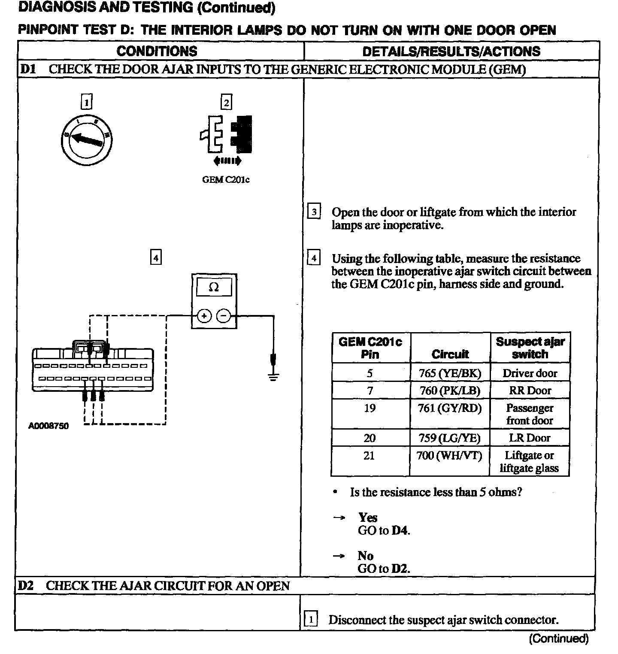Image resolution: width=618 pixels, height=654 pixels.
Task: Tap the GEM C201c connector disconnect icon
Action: tap(226, 135)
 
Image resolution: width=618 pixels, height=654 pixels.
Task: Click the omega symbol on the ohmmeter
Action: tap(214, 287)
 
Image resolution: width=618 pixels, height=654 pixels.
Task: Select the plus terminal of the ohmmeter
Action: tap(204, 316)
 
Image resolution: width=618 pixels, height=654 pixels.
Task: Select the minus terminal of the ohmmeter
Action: tap(224, 316)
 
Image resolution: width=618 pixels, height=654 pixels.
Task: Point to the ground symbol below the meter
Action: tap(273, 375)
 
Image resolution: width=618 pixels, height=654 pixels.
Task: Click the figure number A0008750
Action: tap(48, 426)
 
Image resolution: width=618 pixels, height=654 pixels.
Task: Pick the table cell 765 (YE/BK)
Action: tap(450, 373)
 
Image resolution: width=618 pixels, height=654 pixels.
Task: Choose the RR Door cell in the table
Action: tap(530, 391)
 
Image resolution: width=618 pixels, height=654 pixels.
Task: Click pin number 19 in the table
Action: tap(370, 408)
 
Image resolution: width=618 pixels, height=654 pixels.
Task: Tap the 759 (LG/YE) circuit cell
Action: tap(449, 438)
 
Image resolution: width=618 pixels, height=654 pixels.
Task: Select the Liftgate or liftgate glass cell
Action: tap(529, 461)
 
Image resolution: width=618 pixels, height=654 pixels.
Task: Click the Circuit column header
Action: tap(450, 354)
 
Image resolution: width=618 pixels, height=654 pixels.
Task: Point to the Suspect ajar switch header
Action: tap(530, 348)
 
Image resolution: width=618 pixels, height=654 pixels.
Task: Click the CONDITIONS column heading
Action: tap(157, 51)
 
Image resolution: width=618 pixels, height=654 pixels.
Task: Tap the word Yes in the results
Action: tap(368, 518)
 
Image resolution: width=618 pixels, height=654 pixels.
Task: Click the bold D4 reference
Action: tap(400, 531)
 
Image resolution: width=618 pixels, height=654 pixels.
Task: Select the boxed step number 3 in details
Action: tap(314, 212)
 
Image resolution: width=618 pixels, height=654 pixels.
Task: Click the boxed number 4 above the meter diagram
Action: tap(156, 257)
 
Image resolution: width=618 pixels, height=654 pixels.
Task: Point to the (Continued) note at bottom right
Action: tap(558, 639)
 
